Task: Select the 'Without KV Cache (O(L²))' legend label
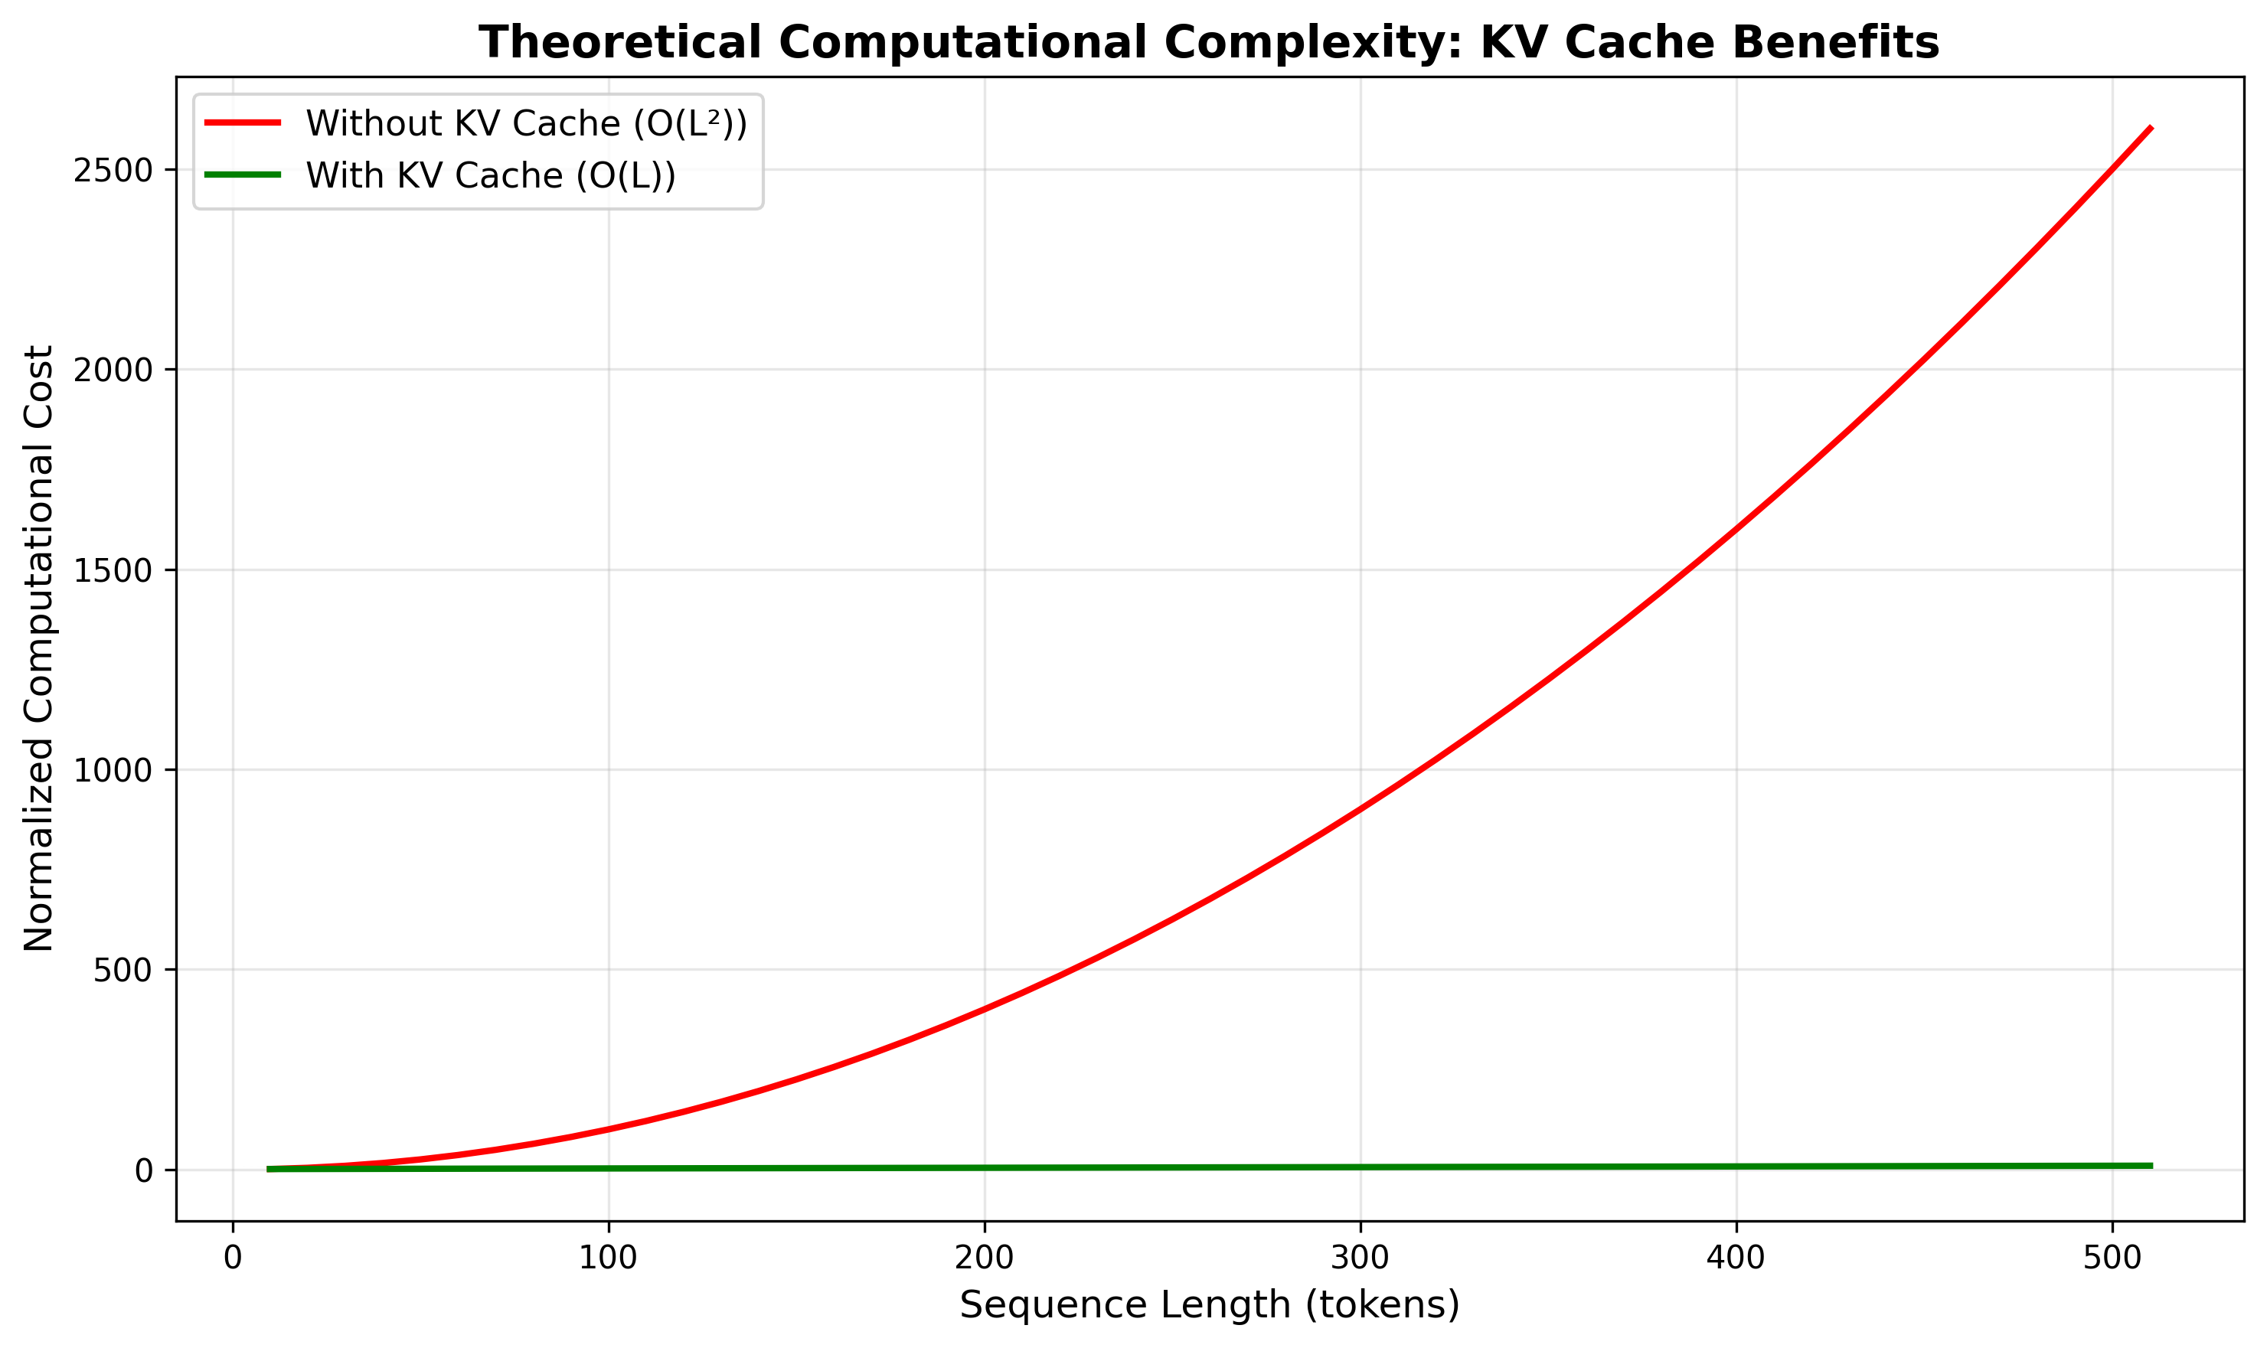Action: click(526, 123)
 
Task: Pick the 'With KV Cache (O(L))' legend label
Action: click(491, 175)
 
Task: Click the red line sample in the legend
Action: click(243, 122)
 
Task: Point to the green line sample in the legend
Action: click(243, 175)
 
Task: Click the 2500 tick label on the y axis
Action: click(113, 171)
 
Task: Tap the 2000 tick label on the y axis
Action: click(113, 370)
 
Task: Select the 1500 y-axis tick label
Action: click(113, 570)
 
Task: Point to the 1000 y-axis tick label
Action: click(113, 770)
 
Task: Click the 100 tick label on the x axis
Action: click(609, 1259)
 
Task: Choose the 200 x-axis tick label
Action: click(985, 1259)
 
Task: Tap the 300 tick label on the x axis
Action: click(1361, 1259)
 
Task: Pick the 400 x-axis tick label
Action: click(1736, 1259)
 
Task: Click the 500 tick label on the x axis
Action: click(2112, 1259)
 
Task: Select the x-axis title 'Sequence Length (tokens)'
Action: click(1210, 1306)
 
